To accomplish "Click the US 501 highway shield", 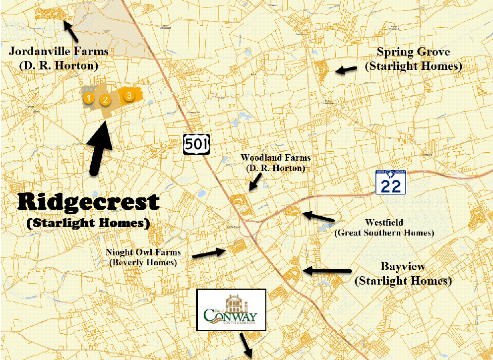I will (x=196, y=143).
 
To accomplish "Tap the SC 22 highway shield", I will (x=391, y=182).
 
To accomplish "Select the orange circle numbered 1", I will (x=88, y=98).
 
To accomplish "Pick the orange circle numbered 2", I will (x=105, y=100).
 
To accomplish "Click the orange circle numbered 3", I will (x=129, y=95).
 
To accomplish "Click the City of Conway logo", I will (x=232, y=310).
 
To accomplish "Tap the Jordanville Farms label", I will (x=59, y=52).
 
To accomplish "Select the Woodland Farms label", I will (x=276, y=158).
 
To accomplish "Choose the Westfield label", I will (x=384, y=223).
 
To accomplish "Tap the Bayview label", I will (x=403, y=267).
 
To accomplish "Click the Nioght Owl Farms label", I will (x=143, y=252).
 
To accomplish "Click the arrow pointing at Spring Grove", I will (x=346, y=70).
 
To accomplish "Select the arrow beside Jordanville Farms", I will (x=71, y=32).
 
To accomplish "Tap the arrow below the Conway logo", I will (x=246, y=345).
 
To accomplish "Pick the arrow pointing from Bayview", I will (x=327, y=271).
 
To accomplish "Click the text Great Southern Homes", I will (x=384, y=233).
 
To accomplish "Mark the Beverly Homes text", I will (x=143, y=262).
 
